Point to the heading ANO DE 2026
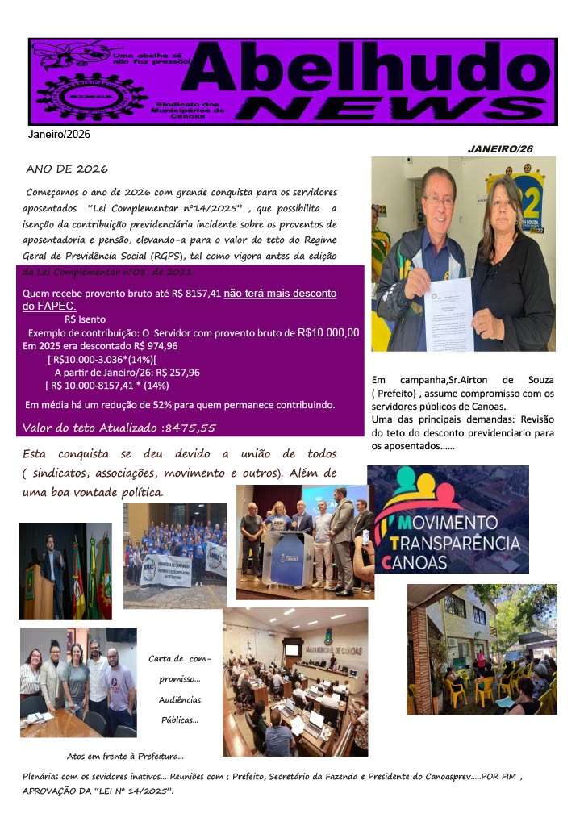pyautogui.click(x=67, y=169)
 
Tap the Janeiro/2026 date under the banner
pyautogui.click(x=59, y=134)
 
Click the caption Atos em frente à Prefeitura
pyautogui.click(x=125, y=757)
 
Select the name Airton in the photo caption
pyautogui.click(x=469, y=380)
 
